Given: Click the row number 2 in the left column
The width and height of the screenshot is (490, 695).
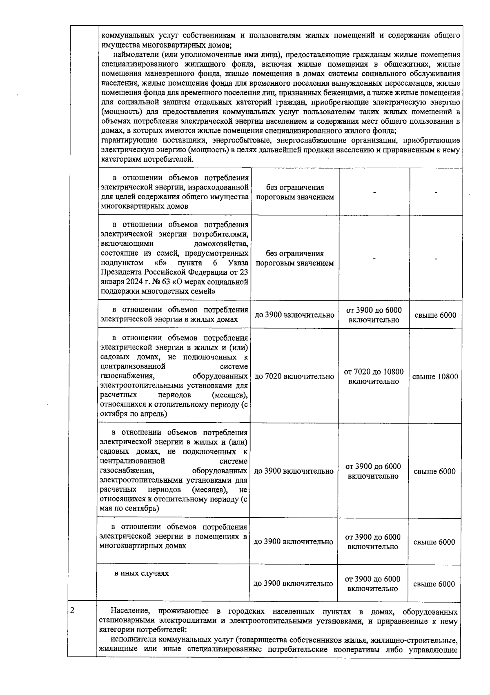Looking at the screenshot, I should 72,610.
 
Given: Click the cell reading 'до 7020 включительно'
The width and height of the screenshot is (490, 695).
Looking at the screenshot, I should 294,376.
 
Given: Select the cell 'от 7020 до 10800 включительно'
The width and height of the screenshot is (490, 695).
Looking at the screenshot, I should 373,376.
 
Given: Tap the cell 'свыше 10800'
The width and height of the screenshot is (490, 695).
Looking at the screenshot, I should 435,376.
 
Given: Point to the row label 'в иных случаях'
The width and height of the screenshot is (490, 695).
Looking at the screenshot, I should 141,573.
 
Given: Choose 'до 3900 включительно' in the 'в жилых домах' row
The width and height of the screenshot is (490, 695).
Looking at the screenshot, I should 294,315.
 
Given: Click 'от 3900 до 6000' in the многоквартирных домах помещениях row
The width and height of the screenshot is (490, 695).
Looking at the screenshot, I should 373,537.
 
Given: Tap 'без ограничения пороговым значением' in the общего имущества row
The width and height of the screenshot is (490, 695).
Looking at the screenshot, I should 295,192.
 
